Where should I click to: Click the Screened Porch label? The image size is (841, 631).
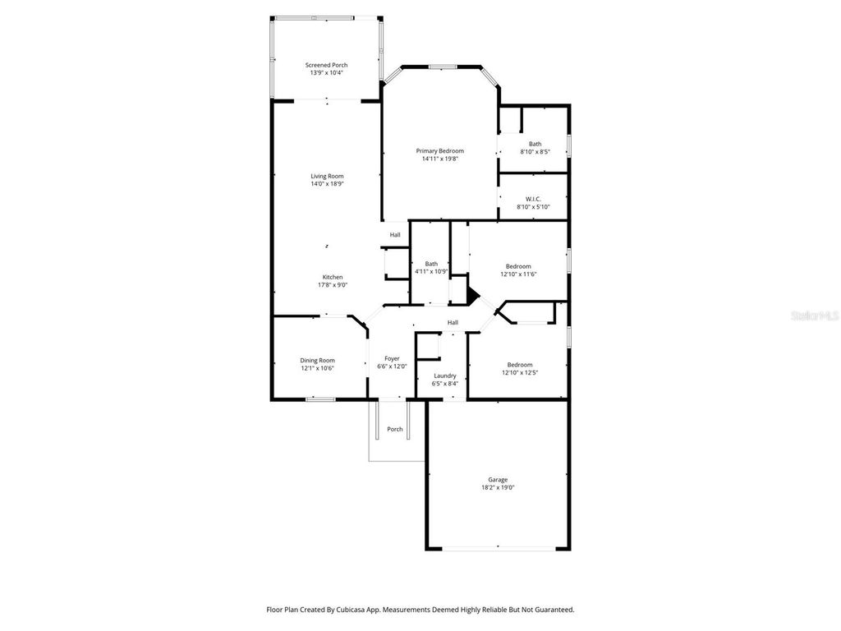[327, 65]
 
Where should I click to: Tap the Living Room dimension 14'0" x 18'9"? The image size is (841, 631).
[327, 184]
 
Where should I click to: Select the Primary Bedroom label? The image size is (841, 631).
[439, 151]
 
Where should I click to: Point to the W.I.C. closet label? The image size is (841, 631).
[533, 199]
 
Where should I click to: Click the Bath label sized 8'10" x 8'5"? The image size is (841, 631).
[535, 144]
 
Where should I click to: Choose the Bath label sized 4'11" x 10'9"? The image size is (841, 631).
[431, 264]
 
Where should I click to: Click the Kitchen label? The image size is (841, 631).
[333, 277]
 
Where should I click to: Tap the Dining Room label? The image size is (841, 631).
[317, 360]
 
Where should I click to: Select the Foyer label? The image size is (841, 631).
[392, 358]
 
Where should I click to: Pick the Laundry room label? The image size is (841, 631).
[445, 375]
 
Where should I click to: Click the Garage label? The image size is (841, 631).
[498, 480]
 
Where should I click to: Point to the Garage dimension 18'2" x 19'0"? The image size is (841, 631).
[498, 487]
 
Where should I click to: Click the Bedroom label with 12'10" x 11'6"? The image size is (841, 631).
[518, 266]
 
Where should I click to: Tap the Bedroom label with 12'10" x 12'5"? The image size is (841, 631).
[519, 365]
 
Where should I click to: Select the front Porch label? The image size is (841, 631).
[395, 429]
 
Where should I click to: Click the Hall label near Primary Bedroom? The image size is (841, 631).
[395, 235]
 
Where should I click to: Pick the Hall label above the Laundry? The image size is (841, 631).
[453, 323]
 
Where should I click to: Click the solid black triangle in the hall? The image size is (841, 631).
[472, 294]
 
